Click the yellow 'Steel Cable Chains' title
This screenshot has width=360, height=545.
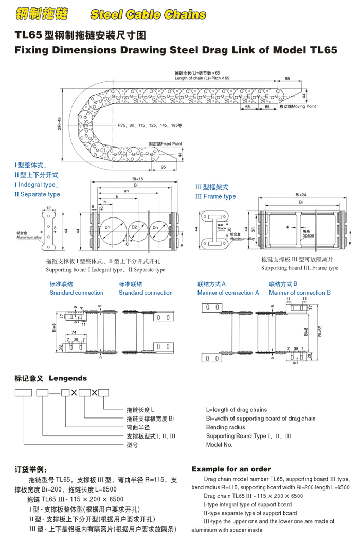[x=148, y=14]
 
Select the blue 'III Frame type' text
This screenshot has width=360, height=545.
[x=215, y=196]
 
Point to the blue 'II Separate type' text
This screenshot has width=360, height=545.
[x=37, y=194]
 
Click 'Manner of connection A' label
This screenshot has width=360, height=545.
[x=228, y=293]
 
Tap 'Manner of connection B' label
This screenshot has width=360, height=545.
[x=300, y=293]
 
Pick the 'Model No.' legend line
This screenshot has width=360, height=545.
[x=219, y=445]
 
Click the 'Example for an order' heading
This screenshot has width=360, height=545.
[x=231, y=469]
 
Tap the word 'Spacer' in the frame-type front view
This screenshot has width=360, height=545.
[x=308, y=235]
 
